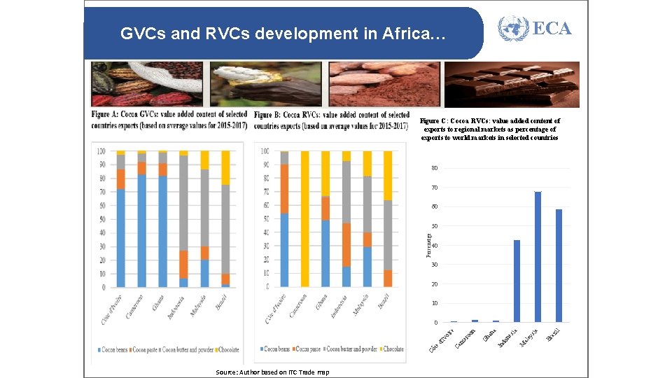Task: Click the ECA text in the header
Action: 552,29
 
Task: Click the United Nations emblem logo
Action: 513,29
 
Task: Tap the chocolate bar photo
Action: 512,84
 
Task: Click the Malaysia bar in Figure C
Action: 538,256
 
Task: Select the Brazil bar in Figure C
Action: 559,265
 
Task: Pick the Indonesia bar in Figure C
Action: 517,281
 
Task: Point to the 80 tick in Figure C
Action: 434,169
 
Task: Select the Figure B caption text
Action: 331,120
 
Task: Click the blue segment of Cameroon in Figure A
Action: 142,230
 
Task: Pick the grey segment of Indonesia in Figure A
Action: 183,203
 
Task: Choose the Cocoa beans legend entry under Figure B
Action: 278,349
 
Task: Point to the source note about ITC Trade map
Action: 272,372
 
